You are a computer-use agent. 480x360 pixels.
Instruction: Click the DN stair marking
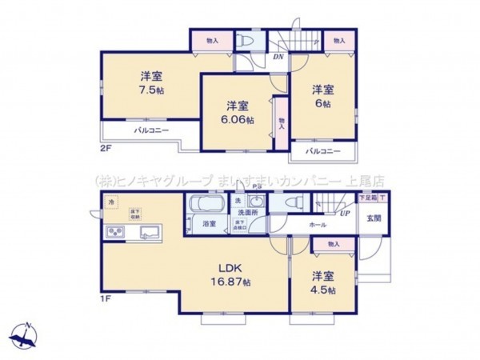(x=278, y=56)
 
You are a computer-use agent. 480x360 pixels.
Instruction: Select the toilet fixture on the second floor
(x=247, y=41)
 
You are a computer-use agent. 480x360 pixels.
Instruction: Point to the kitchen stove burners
(x=114, y=233)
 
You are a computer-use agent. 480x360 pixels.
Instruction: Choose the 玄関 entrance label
(x=374, y=217)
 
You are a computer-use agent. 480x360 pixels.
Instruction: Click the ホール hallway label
(x=318, y=226)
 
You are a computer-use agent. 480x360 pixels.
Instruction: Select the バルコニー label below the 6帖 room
(x=323, y=150)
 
